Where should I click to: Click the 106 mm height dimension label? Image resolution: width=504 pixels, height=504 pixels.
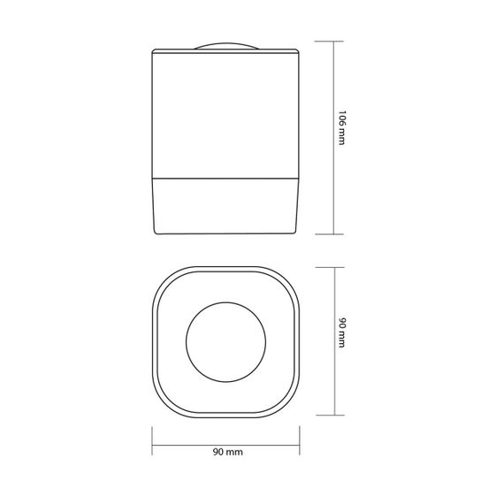(x=343, y=127)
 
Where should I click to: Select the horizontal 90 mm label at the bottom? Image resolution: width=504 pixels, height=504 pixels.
(x=227, y=452)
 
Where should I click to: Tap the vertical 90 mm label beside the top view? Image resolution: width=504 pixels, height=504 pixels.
(x=343, y=332)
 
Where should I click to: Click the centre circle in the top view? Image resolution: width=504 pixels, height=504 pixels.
(x=226, y=342)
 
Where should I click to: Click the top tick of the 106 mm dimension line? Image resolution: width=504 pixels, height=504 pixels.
(x=329, y=42)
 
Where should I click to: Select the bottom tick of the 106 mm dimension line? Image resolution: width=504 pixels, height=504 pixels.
(x=329, y=234)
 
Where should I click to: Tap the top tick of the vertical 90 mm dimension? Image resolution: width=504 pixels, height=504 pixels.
(x=330, y=267)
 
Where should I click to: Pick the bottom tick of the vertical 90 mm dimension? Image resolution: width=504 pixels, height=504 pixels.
(x=330, y=415)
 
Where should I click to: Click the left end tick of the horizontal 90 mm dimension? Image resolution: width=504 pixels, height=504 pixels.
(x=152, y=440)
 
